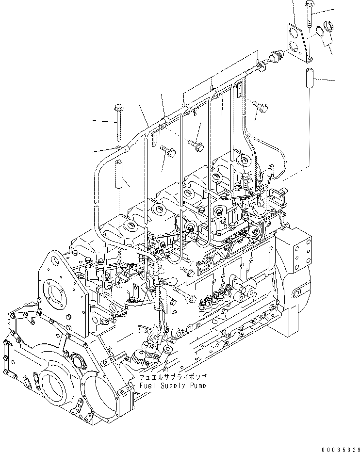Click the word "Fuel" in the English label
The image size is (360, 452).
pyautogui.click(x=147, y=386)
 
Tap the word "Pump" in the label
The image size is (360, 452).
pyautogui.click(x=197, y=386)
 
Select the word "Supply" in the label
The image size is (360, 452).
pyautogui.click(x=171, y=386)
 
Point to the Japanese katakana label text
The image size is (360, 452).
pyautogui.click(x=172, y=377)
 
